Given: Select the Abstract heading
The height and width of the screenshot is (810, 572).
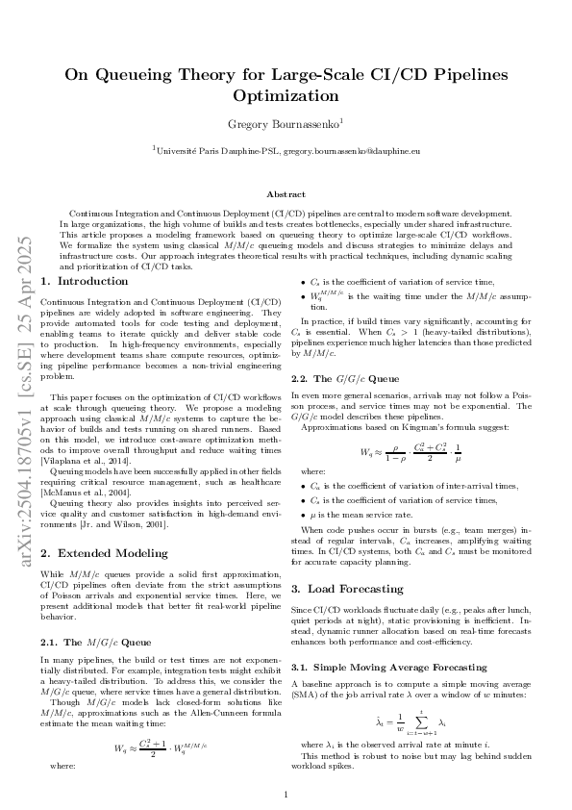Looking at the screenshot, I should [x=286, y=193].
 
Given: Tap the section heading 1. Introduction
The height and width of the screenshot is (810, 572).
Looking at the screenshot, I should [x=80, y=281].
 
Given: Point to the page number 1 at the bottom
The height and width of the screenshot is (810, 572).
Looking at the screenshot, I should [x=286, y=795].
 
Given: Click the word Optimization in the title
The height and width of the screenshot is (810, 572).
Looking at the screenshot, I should [x=286, y=96].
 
